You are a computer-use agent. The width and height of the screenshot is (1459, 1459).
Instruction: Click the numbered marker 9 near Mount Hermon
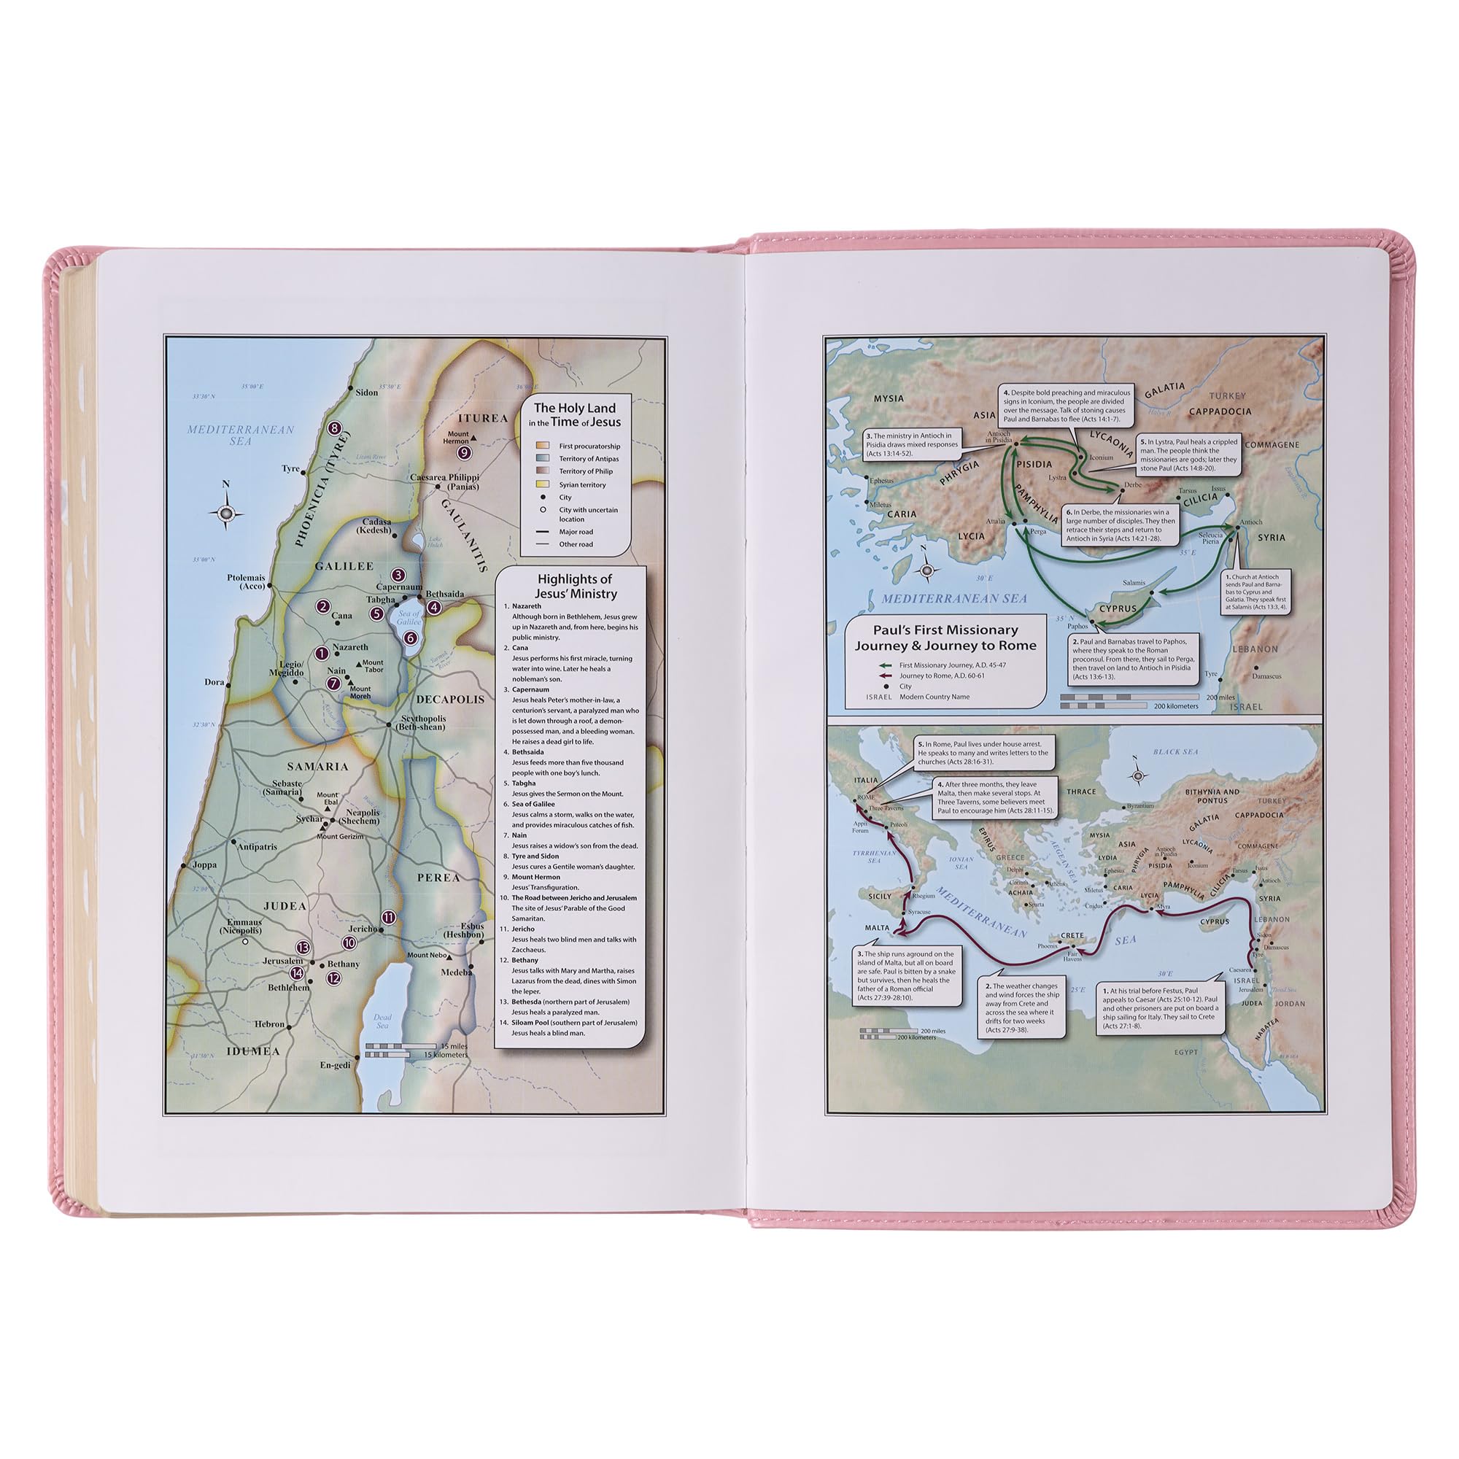point(465,452)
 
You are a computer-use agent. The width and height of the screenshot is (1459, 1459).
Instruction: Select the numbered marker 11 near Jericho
point(388,918)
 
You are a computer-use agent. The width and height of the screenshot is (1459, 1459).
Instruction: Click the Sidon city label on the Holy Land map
point(366,392)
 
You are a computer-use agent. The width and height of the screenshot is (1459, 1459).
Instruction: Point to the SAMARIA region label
point(317,767)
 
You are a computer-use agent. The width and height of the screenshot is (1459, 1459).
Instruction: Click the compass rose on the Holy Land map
point(226,514)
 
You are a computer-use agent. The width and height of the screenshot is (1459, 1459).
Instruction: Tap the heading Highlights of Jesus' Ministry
point(575,586)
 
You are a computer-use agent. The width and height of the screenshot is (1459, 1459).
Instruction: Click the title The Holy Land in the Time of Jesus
point(575,414)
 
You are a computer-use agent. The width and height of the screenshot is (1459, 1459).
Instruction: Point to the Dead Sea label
point(382,1021)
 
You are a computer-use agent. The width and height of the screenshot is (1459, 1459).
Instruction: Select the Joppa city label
point(204,865)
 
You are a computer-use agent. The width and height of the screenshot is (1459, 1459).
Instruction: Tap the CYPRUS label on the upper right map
point(1118,608)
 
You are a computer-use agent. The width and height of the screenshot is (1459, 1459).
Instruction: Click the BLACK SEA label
point(1176,752)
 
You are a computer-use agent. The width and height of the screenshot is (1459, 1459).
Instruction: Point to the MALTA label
point(877,927)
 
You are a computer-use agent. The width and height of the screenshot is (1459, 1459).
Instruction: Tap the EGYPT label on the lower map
point(1185,1052)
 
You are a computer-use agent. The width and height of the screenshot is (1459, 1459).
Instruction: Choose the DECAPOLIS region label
point(449,700)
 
